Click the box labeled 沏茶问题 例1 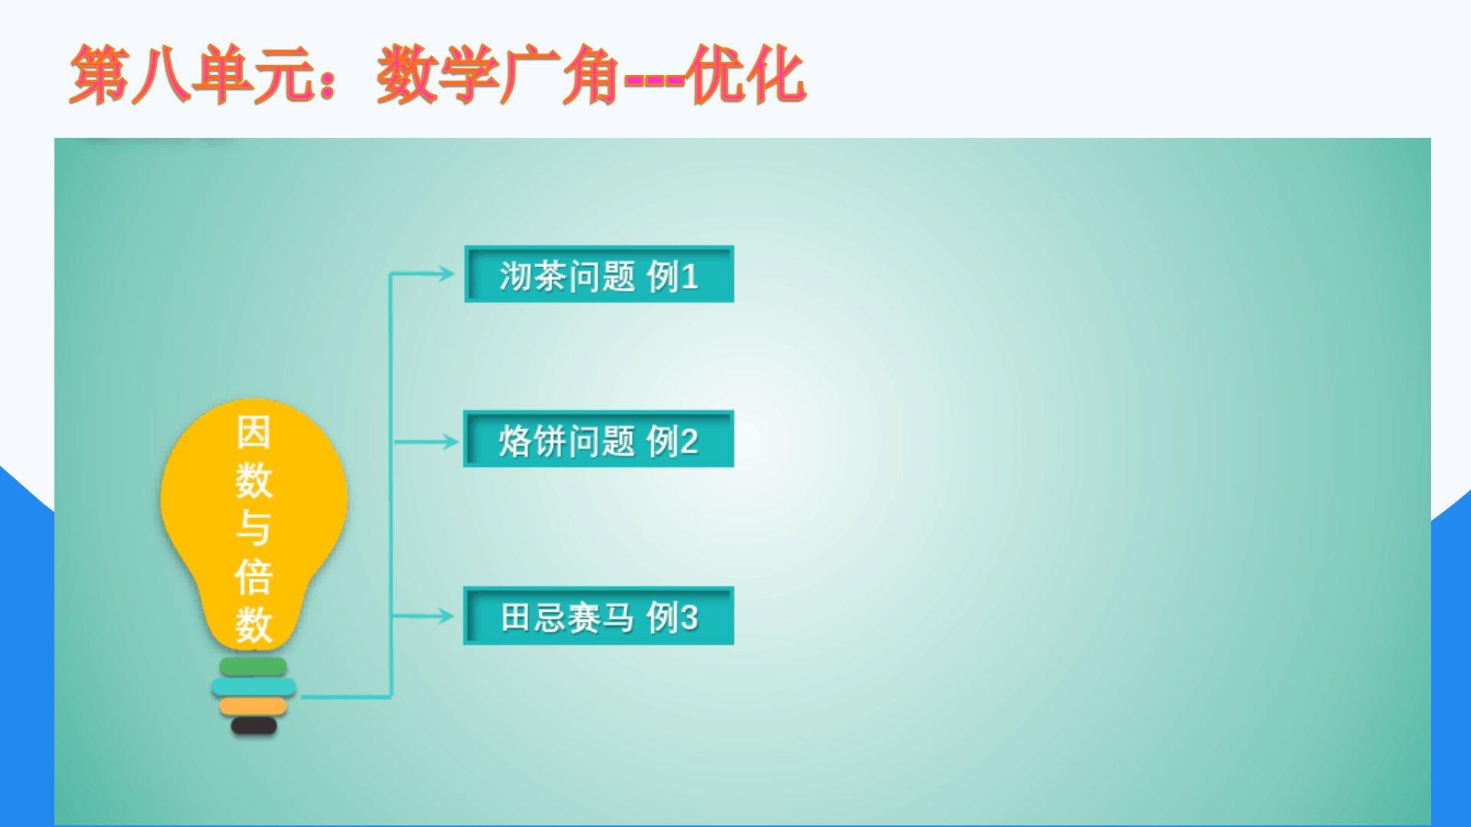[599, 274]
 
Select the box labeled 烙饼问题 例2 [598, 439]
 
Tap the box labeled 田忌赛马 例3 [598, 616]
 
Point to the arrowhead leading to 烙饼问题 [448, 441]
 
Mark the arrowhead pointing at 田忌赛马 [446, 616]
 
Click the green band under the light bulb [253, 667]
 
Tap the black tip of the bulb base [254, 726]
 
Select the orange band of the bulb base [253, 706]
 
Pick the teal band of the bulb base [254, 687]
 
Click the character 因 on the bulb [254, 433]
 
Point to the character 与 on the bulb [254, 528]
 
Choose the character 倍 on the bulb [254, 577]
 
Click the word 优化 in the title [745, 74]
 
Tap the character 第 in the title [100, 74]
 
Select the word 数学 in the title [437, 74]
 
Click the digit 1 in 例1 [690, 276]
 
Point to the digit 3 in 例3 [689, 617]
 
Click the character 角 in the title [591, 74]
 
